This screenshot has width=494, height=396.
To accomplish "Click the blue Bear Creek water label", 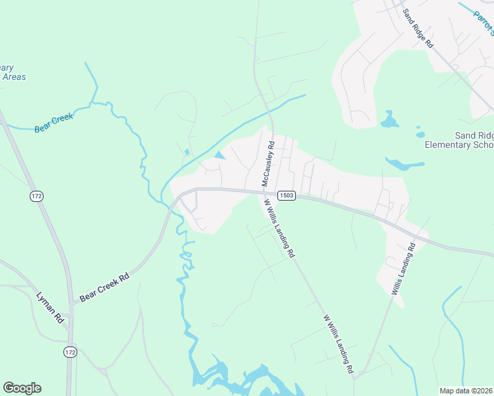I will point(53,123).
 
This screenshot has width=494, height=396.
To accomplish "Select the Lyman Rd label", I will point(50,307).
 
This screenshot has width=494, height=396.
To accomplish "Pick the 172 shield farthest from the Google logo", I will point(36,196).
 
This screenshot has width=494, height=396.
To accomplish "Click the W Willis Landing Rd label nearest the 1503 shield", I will point(279,227).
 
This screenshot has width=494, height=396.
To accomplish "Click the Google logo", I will point(22,388).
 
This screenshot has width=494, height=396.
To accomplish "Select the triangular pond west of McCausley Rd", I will point(219,156).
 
